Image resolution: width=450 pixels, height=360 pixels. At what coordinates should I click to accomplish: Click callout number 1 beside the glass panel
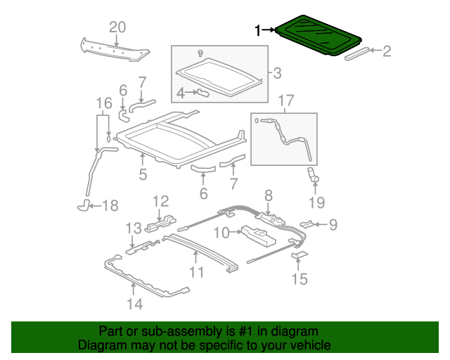point(258,30)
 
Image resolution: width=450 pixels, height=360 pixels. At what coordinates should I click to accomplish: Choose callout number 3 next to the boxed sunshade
point(276,72)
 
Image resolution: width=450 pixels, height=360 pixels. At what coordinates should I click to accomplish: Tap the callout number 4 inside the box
point(180,92)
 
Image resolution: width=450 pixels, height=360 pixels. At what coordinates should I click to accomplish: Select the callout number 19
point(316,202)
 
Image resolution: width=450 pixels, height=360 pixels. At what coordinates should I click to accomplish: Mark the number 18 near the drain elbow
point(110,206)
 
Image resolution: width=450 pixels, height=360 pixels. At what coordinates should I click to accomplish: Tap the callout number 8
point(268,194)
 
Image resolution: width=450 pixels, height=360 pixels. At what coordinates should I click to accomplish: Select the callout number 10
point(221,231)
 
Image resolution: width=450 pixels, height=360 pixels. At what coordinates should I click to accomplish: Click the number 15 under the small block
point(300,279)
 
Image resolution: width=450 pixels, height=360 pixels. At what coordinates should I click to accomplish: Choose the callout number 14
point(134,304)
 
